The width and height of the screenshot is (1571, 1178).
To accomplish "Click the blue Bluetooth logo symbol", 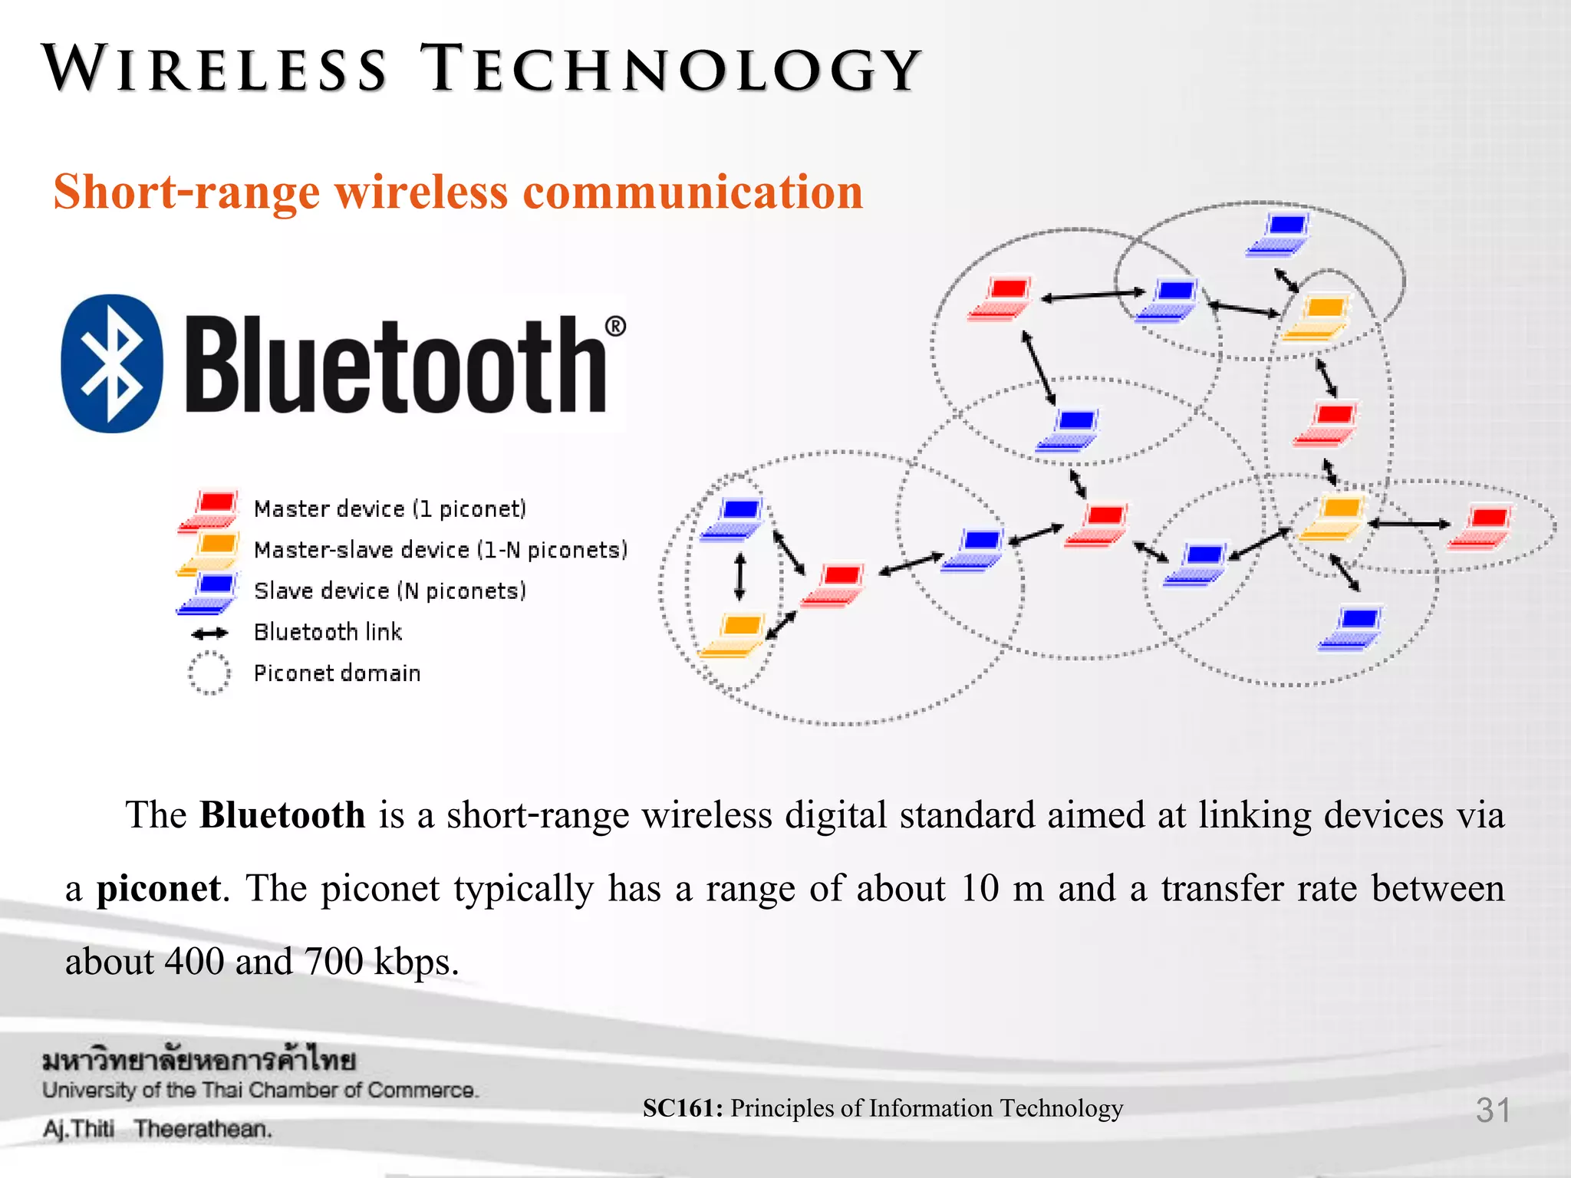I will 112,364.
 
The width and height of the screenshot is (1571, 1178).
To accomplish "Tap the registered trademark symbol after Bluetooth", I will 615,327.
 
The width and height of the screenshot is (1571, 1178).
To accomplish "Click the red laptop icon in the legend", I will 209,510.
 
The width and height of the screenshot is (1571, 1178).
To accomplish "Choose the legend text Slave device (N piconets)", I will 390,591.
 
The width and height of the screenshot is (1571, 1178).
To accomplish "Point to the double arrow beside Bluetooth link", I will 209,633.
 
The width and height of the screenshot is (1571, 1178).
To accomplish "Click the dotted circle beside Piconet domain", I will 209,673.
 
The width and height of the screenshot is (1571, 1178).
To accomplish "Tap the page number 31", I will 1492,1110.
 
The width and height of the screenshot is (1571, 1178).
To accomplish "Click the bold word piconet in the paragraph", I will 158,889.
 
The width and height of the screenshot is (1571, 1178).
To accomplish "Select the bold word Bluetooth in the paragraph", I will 282,815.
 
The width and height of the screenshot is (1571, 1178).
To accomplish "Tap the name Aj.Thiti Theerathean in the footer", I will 157,1129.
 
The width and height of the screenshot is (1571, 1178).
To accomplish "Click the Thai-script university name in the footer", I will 199,1061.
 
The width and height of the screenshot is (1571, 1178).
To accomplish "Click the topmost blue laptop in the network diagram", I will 1280,233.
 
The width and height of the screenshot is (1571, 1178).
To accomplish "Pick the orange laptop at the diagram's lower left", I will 733,635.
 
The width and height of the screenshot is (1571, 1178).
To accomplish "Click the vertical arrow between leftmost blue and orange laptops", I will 739,576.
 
